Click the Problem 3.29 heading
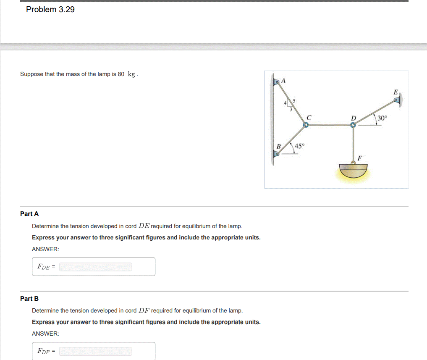tap(50, 10)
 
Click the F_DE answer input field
tap(95, 267)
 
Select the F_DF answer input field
tap(95, 351)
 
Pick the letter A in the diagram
tap(283, 80)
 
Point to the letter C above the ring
tap(308, 118)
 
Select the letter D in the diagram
tap(354, 118)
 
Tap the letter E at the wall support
tap(395, 92)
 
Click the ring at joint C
tap(306, 125)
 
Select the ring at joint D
tap(354, 125)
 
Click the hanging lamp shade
tap(354, 171)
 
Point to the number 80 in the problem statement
tap(121, 74)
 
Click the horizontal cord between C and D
tap(330, 125)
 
